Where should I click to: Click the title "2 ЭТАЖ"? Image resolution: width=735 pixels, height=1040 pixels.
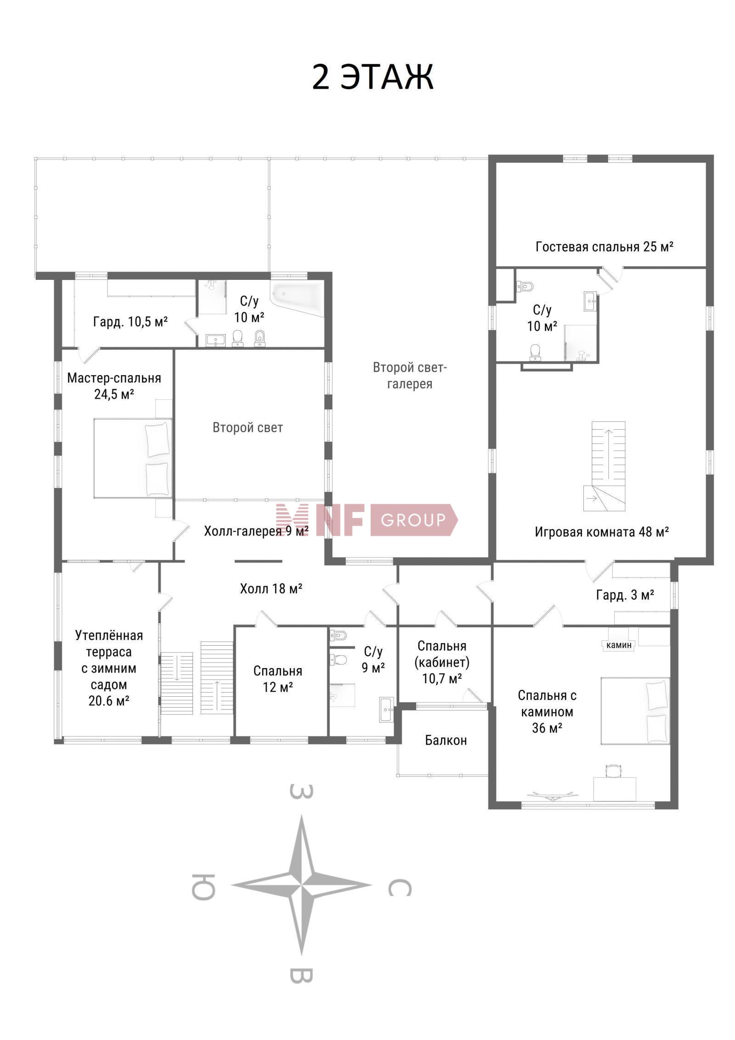373,77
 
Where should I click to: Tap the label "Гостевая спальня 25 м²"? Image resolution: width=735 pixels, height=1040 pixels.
605,247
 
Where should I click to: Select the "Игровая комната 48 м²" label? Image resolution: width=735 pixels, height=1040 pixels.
602,532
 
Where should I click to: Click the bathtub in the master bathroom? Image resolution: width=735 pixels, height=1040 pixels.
297,299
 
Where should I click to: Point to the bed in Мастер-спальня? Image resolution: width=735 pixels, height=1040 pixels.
133,458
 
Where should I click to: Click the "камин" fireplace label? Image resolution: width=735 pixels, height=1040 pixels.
619,645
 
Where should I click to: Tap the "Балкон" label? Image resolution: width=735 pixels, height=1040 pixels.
446,740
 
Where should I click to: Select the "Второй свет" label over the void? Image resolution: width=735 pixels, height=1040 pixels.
248,428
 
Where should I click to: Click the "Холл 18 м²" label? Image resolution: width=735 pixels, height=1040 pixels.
271,588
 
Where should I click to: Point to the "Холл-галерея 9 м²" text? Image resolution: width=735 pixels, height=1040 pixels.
256,531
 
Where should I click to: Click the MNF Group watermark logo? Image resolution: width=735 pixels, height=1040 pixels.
366,520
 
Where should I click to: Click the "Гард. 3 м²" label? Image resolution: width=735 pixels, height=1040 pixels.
625,595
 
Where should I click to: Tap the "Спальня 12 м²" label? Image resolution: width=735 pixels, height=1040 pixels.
278,679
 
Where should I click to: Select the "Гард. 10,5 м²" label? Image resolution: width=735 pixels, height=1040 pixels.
130,321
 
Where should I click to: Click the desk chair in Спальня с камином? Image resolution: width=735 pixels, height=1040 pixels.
613,770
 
